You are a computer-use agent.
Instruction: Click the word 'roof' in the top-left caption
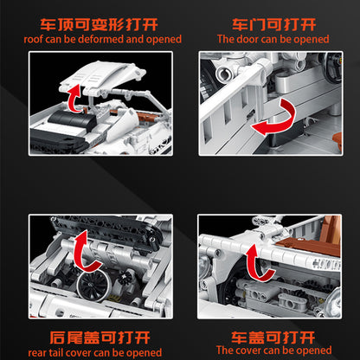pyautogui.click(x=36, y=39)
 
